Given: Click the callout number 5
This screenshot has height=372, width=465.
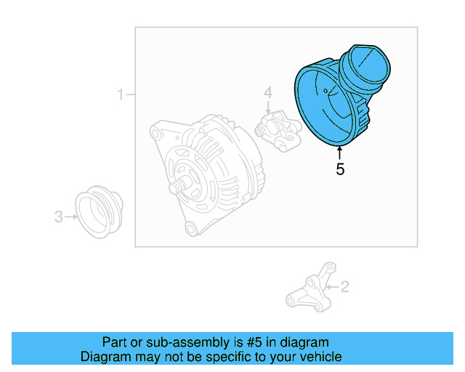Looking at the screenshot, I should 340,170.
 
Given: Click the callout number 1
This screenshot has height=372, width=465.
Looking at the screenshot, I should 121,94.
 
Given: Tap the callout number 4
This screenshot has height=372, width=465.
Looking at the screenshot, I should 267,92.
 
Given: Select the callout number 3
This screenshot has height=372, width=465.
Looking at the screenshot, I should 59,216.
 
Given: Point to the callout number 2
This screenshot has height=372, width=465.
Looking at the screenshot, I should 344,286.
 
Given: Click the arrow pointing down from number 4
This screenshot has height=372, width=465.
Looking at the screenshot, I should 267,107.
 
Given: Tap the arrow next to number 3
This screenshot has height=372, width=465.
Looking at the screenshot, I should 70,216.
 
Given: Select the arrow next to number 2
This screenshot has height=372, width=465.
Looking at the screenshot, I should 333,286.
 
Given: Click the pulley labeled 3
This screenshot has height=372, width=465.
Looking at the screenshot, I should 100,212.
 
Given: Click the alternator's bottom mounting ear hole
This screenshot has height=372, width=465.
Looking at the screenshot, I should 191,229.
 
